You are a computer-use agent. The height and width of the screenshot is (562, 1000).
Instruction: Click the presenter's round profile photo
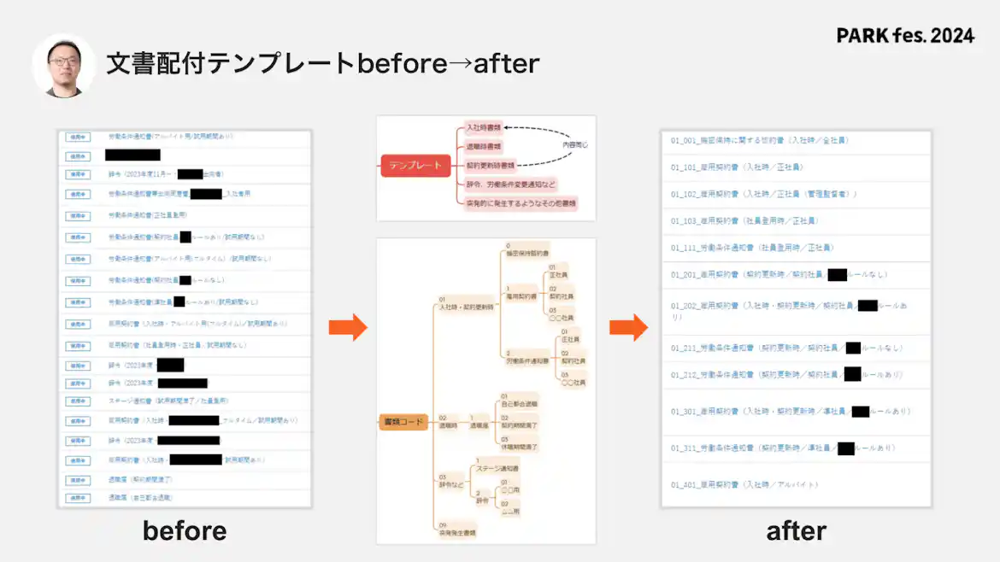[x=64, y=65]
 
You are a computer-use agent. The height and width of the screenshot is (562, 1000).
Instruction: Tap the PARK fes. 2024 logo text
[x=905, y=36]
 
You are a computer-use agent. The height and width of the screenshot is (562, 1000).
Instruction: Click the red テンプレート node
[x=415, y=166]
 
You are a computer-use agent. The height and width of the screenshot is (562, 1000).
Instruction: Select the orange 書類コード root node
[x=403, y=421]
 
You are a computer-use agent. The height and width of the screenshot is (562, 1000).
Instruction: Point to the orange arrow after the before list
[x=348, y=326]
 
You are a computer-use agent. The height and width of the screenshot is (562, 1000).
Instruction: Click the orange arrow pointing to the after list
[x=628, y=326]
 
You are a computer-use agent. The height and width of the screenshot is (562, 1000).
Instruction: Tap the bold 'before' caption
[x=185, y=530]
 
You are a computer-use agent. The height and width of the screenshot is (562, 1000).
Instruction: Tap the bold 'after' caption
[x=796, y=530]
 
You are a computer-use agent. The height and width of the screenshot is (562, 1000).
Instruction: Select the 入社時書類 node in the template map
[x=484, y=126]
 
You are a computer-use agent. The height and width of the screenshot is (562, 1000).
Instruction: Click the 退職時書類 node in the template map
[x=484, y=146]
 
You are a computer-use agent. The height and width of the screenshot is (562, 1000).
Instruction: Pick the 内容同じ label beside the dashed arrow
[x=575, y=145]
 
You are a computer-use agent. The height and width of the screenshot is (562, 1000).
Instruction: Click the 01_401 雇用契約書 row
[x=744, y=484]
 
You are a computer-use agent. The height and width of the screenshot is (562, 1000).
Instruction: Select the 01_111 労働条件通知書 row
[x=752, y=248]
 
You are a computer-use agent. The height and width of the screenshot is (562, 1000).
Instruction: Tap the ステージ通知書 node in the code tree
[x=497, y=469]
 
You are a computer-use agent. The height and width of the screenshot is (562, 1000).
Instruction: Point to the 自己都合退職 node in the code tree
[x=519, y=403]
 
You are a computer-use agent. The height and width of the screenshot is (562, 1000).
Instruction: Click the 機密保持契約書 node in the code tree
[x=526, y=253]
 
